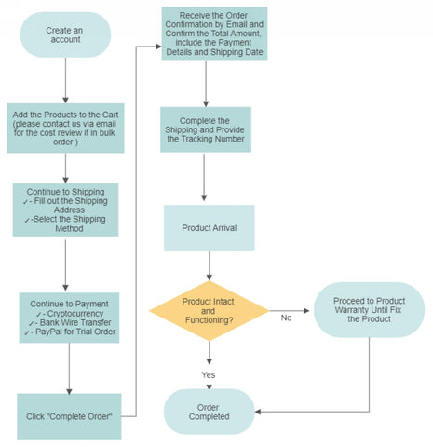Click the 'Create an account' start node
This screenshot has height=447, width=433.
click(x=65, y=34)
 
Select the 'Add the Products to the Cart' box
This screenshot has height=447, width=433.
click(x=65, y=128)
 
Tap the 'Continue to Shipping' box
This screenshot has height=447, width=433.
click(x=65, y=210)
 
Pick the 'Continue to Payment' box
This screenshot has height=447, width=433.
click(x=69, y=318)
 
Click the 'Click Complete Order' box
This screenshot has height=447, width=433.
click(x=69, y=416)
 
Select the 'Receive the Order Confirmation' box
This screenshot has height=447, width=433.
click(x=214, y=34)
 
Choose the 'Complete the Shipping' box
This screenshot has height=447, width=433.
click(x=206, y=129)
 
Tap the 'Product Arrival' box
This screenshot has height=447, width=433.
click(x=210, y=228)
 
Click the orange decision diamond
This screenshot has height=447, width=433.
click(x=210, y=311)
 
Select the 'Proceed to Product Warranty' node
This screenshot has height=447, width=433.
click(x=369, y=310)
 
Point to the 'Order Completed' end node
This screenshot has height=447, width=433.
click(x=210, y=412)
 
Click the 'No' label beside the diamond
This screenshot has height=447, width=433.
click(x=286, y=318)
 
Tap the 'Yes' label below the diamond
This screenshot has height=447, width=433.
click(x=208, y=374)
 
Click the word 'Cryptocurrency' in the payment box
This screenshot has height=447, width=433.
click(x=75, y=314)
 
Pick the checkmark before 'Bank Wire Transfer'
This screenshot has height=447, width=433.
click(x=31, y=323)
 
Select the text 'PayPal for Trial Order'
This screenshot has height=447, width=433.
click(x=75, y=332)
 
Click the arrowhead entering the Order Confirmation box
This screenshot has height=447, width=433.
click(x=158, y=47)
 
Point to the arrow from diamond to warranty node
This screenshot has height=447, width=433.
click(x=290, y=310)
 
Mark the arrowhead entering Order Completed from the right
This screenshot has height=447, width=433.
click(x=258, y=412)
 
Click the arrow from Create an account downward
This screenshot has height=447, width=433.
click(x=65, y=80)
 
